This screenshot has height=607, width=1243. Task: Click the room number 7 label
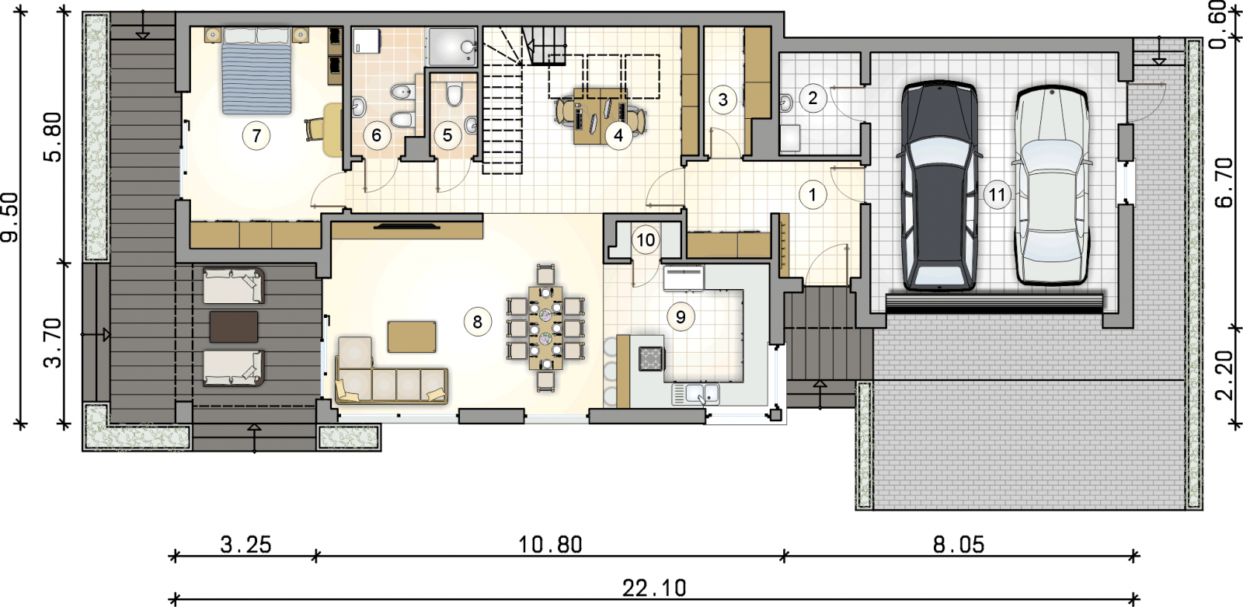pos(256,135)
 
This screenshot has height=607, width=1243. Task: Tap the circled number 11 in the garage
pos(997,195)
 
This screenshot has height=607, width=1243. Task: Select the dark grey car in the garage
pos(939,186)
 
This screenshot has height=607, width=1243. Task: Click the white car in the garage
pos(1052,186)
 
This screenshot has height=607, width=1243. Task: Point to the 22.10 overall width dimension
pos(654,588)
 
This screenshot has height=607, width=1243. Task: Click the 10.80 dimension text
pos(550,545)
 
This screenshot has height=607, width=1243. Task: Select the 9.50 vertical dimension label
pos(9,218)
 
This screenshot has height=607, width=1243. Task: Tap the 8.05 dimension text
pos(959,545)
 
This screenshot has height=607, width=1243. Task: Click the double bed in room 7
pos(256,70)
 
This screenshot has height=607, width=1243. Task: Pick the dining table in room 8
pos(545,327)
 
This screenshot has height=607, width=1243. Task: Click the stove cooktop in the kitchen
pos(651,358)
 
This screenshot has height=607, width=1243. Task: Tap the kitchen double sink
pos(696,394)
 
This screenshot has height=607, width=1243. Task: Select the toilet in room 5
pos(454,95)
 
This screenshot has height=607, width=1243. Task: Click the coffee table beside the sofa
pos(412,337)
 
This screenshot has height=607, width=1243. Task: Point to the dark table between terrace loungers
pos(234,326)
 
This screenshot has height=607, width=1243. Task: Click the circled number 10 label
pos(646,240)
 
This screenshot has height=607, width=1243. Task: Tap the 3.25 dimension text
pos(245,545)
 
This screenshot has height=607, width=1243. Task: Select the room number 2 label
pos(813,98)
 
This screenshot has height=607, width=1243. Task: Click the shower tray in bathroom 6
pos(452,47)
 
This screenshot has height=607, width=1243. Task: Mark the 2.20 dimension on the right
pos(1224,375)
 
